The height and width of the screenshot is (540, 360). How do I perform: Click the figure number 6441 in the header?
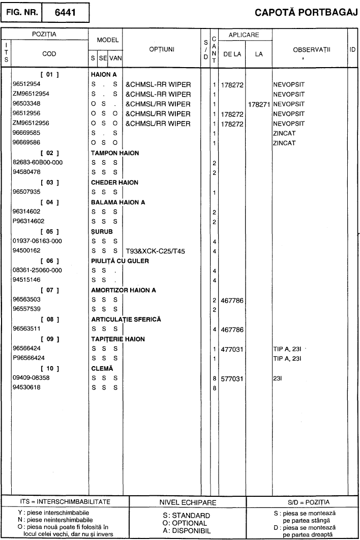(x=65, y=13)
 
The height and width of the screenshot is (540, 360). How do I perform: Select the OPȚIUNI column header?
(x=162, y=49)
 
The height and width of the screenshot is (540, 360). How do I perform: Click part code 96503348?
(x=30, y=104)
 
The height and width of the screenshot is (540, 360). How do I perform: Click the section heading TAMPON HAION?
(x=114, y=153)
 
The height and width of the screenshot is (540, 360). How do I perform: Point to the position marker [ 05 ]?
(x=49, y=231)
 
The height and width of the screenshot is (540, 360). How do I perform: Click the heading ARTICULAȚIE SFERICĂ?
(x=126, y=319)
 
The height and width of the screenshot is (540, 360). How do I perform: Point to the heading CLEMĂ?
(x=102, y=368)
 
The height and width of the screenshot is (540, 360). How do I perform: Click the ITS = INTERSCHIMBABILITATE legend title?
(x=65, y=502)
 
